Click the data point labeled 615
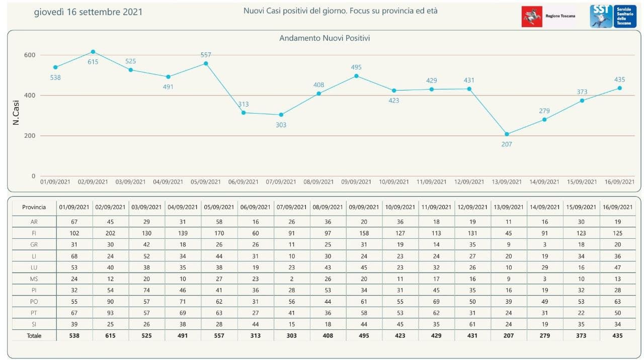(x=93, y=52)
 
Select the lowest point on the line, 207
(x=507, y=134)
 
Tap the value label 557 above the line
(x=206, y=55)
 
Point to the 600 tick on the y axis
(x=30, y=55)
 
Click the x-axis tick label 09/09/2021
(x=356, y=182)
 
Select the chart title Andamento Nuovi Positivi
(x=325, y=38)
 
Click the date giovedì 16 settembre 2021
(x=88, y=12)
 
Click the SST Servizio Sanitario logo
(x=613, y=17)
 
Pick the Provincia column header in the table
(x=34, y=207)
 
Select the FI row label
(x=34, y=233)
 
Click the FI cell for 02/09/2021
(x=111, y=233)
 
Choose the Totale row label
(x=34, y=335)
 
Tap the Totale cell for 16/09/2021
(x=618, y=335)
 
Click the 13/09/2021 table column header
(x=509, y=207)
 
